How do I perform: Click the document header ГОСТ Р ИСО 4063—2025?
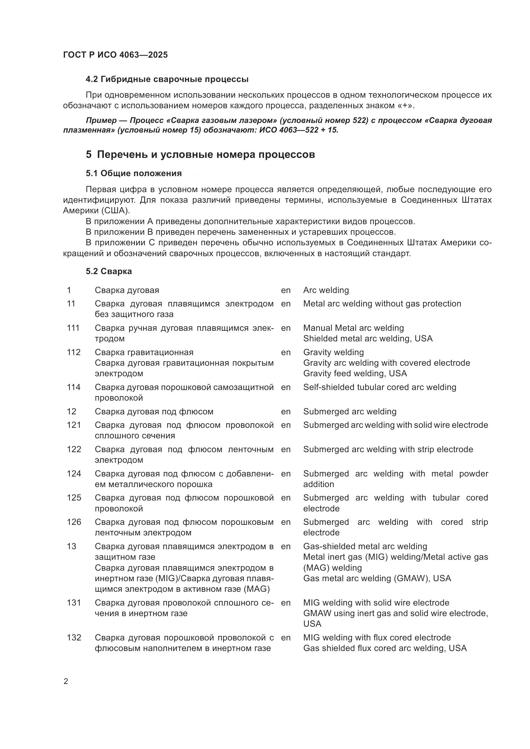pyautogui.click(x=115, y=55)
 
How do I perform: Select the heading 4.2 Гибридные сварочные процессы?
pyautogui.click(x=167, y=79)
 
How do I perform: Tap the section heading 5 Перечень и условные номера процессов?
pyautogui.click(x=200, y=154)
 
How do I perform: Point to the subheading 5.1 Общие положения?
pyautogui.click(x=134, y=173)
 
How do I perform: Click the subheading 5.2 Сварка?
pyautogui.click(x=109, y=272)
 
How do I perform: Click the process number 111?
pyautogui.click(x=73, y=328)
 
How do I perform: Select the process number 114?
pyautogui.click(x=73, y=387)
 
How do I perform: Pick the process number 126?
pyautogui.click(x=74, y=522)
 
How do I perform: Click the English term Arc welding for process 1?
pyautogui.click(x=326, y=290)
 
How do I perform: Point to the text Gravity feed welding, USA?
pyautogui.click(x=355, y=373)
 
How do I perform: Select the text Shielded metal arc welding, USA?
pyautogui.click(x=368, y=338)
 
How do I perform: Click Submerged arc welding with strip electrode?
pyautogui.click(x=388, y=449)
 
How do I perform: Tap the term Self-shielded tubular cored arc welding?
pyautogui.click(x=379, y=387)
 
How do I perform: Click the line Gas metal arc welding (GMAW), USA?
pyautogui.click(x=377, y=578)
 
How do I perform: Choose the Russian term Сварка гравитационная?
pyautogui.click(x=144, y=352)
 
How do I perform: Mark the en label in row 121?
pyautogui.click(x=286, y=425)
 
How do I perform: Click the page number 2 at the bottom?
pyautogui.click(x=66, y=681)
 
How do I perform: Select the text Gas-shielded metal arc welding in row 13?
pyautogui.click(x=365, y=546)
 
